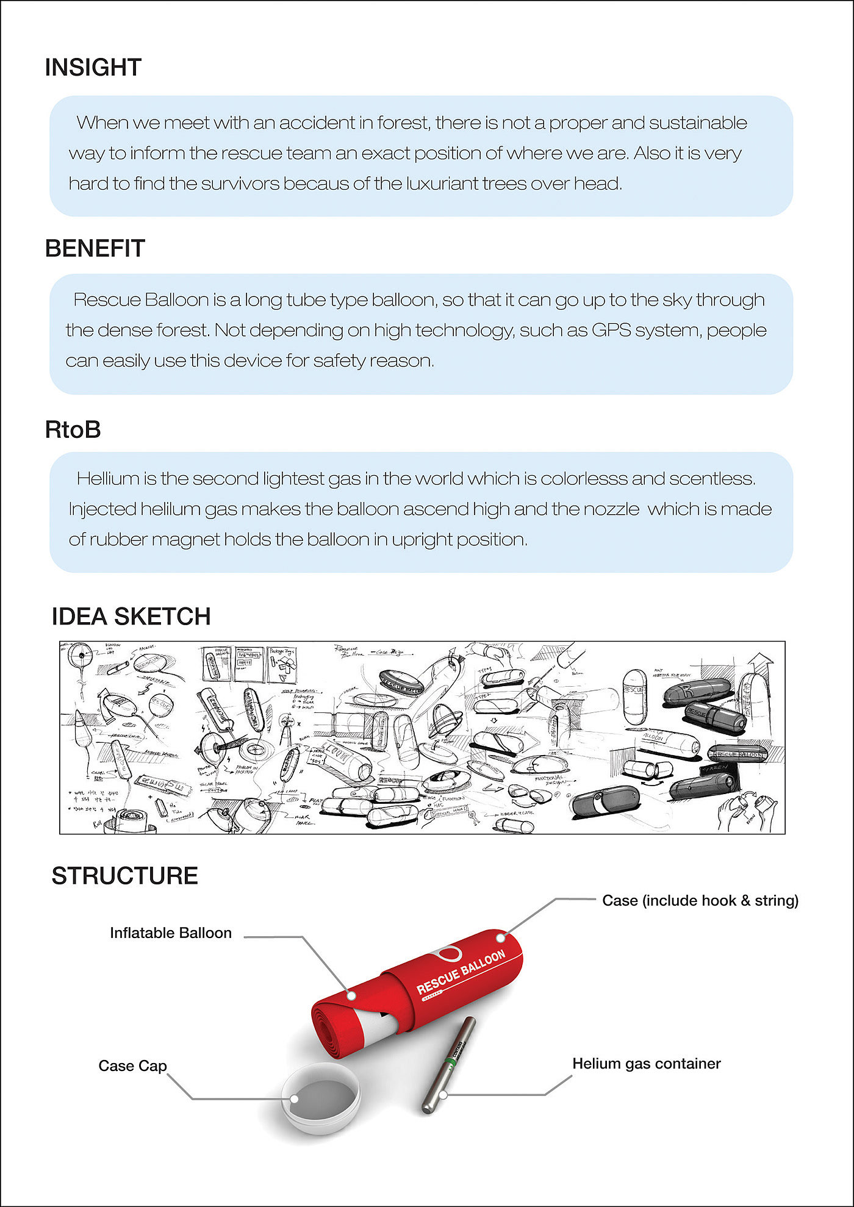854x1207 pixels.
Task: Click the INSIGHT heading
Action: point(93,67)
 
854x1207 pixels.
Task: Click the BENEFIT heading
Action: point(95,248)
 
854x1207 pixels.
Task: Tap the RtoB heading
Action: point(73,429)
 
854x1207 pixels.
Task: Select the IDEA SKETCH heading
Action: point(131,616)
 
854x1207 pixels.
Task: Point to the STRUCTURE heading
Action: point(125,876)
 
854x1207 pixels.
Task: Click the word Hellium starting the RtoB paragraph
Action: point(108,479)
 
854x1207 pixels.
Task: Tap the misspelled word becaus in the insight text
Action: point(316,184)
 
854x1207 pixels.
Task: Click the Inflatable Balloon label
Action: point(171,933)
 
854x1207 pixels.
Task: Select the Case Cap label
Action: point(132,1066)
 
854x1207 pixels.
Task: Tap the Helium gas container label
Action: point(646,1063)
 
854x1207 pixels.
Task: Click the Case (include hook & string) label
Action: point(700,900)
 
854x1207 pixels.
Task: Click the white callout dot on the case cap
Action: point(294,1099)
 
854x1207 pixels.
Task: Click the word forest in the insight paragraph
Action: point(403,123)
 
